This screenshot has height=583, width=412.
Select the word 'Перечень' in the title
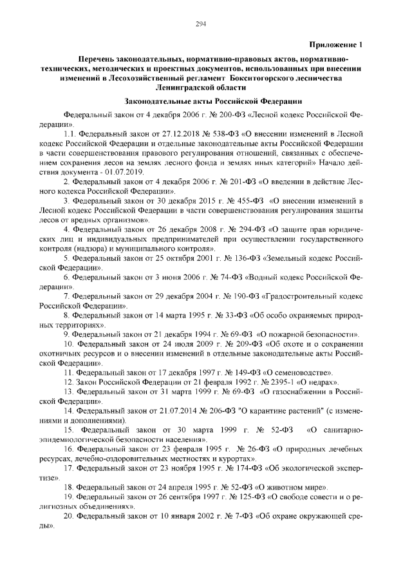(97, 59)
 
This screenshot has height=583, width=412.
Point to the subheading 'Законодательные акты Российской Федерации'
(212, 101)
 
